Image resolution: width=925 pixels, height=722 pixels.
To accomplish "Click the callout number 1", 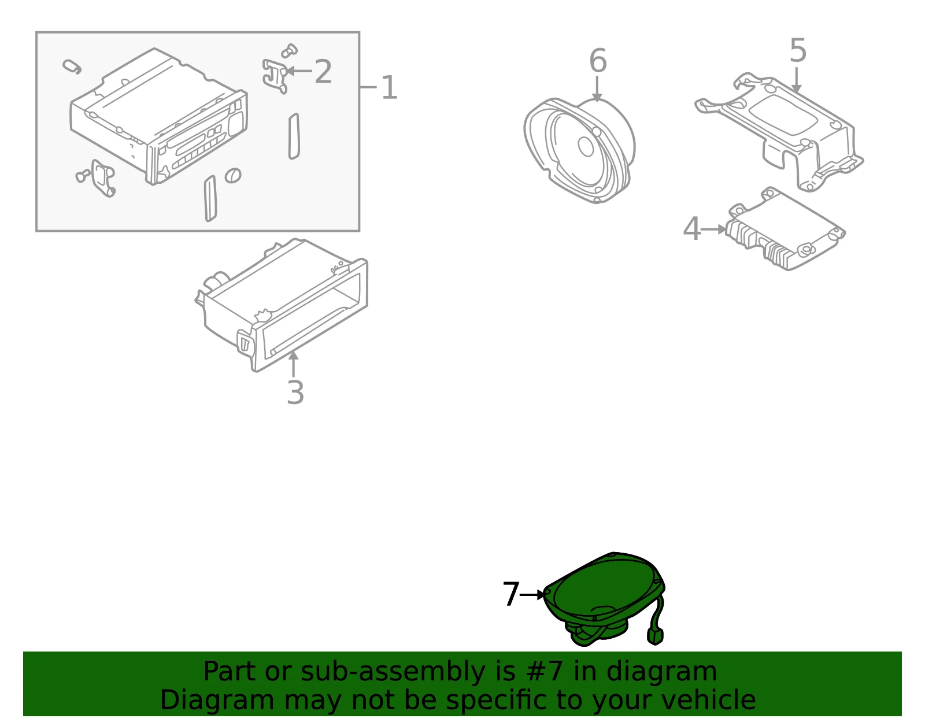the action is pos(389,87).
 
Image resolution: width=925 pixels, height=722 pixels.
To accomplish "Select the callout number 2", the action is pos(323,71).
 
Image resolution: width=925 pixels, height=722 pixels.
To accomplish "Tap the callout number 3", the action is pos(295,393).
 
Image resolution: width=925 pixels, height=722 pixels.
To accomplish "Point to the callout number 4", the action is pos(692,229).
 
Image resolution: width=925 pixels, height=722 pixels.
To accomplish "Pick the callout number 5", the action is pos(798,50).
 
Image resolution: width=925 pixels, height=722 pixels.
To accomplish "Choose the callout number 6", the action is pos(598,61).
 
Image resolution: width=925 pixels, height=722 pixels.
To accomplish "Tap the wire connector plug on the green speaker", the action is pos(654,636).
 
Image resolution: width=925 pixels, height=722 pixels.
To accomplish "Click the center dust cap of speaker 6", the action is pos(586,147).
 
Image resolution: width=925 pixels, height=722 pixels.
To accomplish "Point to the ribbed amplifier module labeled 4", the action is pos(785,229).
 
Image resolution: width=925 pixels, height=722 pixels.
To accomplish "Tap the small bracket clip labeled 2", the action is pos(274,76).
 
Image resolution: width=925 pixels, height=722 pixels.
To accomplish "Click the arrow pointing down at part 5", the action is pos(796,80).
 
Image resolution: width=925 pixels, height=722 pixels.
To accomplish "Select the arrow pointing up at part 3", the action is pos(293,364).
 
